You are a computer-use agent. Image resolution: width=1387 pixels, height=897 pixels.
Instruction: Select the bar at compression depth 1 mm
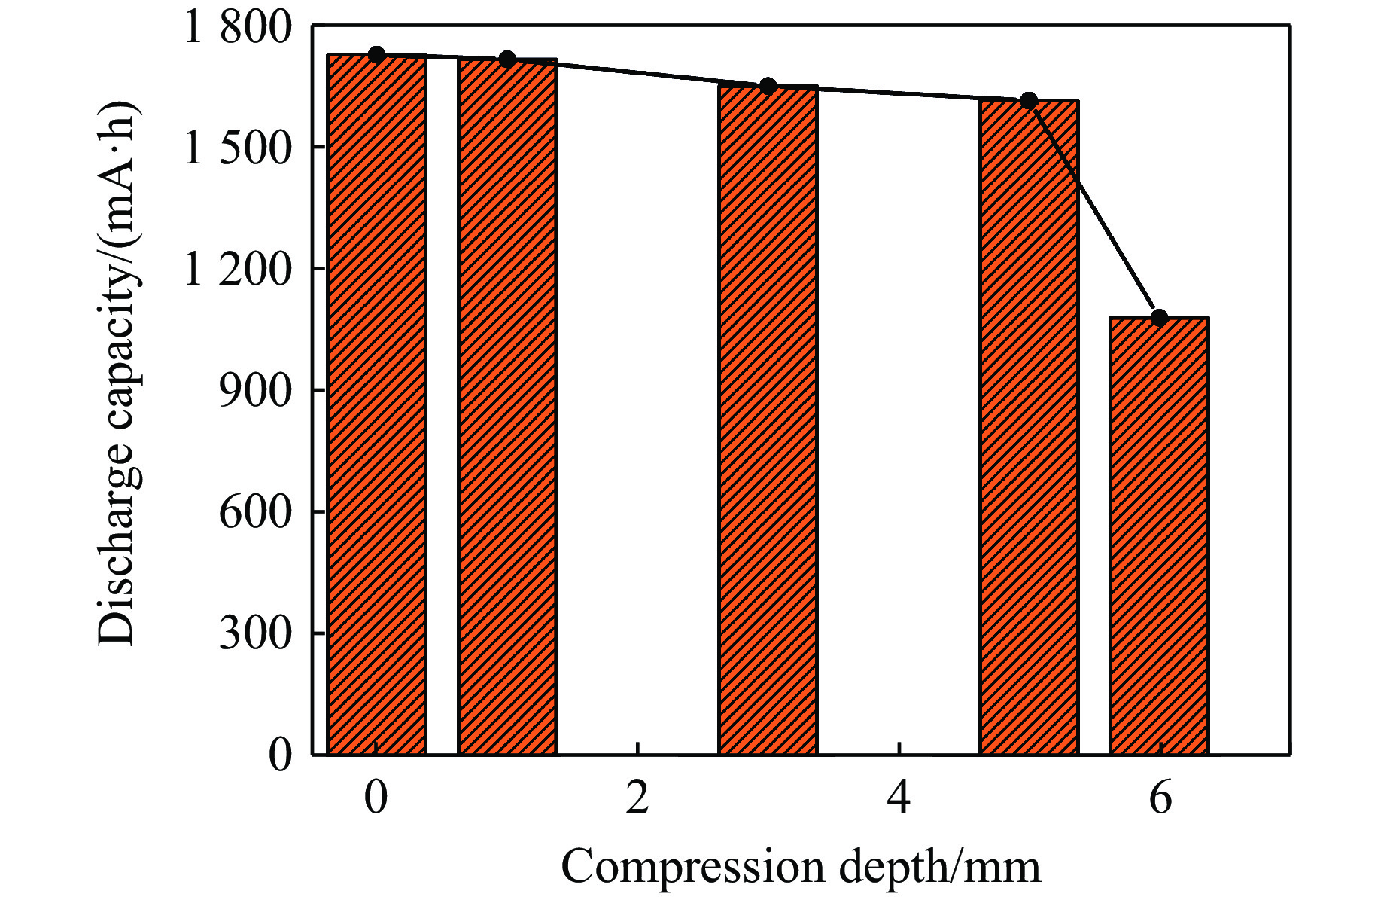coord(506,406)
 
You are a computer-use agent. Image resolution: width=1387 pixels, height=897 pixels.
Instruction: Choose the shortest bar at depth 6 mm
coord(1159,535)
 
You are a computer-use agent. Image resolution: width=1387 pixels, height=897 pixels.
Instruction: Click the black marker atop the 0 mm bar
coord(376,54)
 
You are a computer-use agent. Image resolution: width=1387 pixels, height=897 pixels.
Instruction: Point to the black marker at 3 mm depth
coord(768,85)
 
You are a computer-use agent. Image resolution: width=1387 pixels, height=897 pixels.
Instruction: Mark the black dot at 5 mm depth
coord(1029,100)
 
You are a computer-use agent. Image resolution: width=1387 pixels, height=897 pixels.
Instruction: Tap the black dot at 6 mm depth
coord(1159,317)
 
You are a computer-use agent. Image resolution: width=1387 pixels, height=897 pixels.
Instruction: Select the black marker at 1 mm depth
coord(506,59)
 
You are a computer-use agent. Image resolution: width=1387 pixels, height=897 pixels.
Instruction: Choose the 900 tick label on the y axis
coord(254,391)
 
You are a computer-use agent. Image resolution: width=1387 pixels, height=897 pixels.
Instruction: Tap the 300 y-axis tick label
coord(254,633)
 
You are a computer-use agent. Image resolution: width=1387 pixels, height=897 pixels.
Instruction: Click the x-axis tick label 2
coord(637,798)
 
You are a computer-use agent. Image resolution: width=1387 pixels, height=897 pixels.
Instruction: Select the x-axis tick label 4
coord(899,798)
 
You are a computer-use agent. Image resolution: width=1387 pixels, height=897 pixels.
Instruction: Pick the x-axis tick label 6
coord(1160,798)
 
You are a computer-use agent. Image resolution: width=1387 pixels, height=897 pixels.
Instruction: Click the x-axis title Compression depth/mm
coord(801,868)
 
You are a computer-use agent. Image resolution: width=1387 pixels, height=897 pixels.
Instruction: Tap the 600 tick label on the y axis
coord(254,512)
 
